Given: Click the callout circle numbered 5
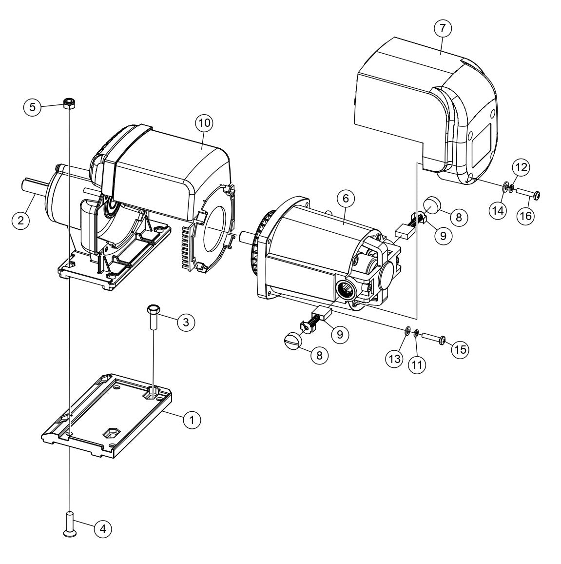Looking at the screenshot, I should (x=32, y=107).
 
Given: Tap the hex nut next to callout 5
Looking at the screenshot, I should (x=69, y=103).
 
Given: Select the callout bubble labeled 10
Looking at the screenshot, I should (x=204, y=123).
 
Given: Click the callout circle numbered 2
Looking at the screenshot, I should (x=20, y=220).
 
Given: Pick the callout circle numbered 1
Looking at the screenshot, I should (x=192, y=419).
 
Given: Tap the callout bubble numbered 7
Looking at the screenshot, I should (x=442, y=29).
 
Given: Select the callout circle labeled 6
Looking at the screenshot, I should (x=346, y=198).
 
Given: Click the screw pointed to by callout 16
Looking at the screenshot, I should (x=530, y=195).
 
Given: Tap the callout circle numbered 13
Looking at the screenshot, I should (x=394, y=359).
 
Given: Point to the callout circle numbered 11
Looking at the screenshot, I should (x=416, y=364).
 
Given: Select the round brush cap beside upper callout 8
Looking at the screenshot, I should (x=431, y=203).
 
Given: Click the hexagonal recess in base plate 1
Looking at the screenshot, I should (x=111, y=432).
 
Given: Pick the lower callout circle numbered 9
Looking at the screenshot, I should (x=340, y=334).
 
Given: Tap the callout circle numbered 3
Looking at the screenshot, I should (x=186, y=322).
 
